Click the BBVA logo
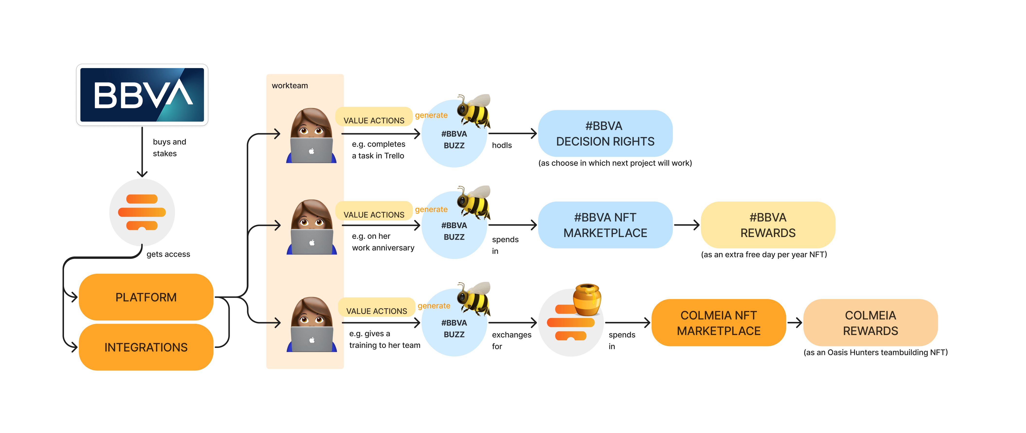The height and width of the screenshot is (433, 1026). pos(142,95)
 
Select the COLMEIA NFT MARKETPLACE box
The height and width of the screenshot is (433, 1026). pos(718,323)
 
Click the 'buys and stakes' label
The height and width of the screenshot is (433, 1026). pos(169,148)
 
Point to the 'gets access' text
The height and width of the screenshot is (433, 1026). pos(168,254)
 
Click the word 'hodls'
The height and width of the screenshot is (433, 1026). pos(501,145)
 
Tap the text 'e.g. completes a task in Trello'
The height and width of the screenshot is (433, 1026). pos(378,150)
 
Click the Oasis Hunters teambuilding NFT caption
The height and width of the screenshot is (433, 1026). pos(875,352)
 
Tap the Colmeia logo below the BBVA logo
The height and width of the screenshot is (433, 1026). pos(142,212)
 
